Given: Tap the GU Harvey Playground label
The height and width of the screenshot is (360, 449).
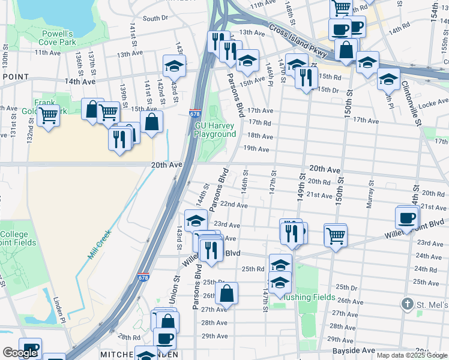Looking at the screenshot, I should click(215, 130).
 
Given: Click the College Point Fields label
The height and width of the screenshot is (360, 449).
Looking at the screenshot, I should click(18, 238).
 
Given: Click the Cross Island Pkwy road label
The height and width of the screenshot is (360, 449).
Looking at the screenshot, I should click(297, 40).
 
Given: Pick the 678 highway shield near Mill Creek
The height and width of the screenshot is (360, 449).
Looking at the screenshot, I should click(142, 277).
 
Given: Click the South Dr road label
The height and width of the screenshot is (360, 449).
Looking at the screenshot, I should click(155, 19).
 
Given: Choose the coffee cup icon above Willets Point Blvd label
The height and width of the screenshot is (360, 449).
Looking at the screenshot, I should click(407, 217).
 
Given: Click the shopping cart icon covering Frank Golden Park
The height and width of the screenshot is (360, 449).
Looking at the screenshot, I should click(48, 113).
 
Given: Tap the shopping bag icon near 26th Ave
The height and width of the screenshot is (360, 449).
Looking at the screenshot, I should click(227, 294).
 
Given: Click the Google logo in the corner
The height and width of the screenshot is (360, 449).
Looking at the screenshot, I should click(20, 353).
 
